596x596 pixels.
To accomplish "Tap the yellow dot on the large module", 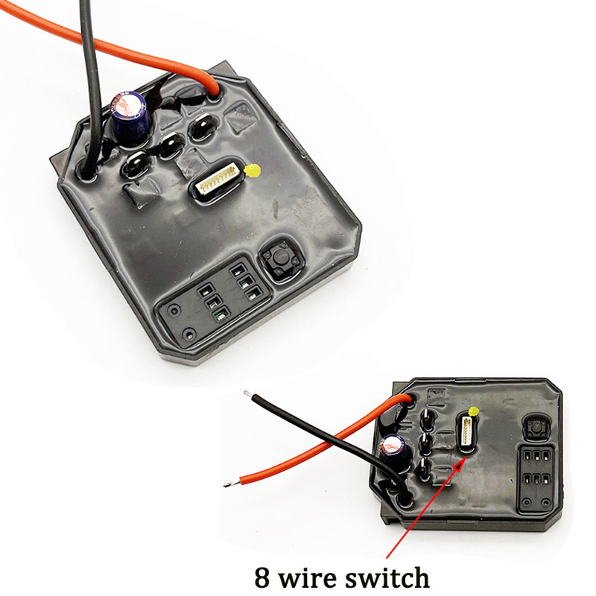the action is pos(253,171).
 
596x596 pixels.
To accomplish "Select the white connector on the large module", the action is pos(218,179).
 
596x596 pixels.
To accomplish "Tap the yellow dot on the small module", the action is pos(474,412).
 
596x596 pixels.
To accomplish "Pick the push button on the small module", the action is pos(536,427).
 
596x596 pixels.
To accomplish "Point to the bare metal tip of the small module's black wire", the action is pos(247,393).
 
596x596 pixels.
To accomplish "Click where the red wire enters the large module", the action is pos(215,92).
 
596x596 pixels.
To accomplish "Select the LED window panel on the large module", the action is pos(215,300).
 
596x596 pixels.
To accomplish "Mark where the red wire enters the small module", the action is pos(408,399).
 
